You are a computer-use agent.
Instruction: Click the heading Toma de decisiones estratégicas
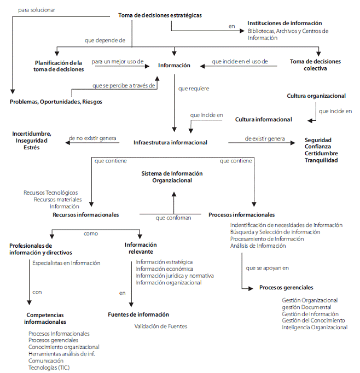pos(160,15)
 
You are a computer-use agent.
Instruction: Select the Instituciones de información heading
pos(284,23)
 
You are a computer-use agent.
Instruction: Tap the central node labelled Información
pos(174,66)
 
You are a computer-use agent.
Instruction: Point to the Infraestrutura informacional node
pos(170,143)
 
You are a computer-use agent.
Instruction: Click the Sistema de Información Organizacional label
pos(172,177)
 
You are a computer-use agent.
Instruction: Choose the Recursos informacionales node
pos(85,215)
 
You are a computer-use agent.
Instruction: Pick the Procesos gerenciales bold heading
pos(286,287)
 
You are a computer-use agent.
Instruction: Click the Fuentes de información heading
pos(138,314)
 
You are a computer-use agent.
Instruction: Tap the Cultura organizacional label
pos(316,96)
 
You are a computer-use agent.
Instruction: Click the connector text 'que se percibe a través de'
pos(124,85)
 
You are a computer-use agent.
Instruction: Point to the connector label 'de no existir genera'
pos(93,138)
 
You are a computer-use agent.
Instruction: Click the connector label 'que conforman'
pos(173,218)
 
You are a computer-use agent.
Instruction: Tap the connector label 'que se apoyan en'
pos(268,268)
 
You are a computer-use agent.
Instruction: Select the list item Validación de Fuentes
pos(161,327)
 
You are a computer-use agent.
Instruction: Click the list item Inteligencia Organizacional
pos(314,327)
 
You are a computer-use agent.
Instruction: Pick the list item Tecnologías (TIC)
pos(49,368)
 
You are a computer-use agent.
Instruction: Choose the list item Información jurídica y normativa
pos(175,276)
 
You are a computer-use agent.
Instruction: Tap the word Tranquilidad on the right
pos(321,160)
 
